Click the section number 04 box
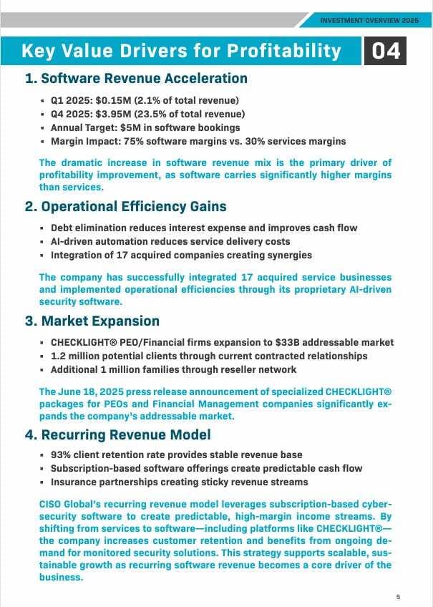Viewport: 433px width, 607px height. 385,52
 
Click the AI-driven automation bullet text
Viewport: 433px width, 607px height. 170,241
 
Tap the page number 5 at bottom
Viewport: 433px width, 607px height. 398,596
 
